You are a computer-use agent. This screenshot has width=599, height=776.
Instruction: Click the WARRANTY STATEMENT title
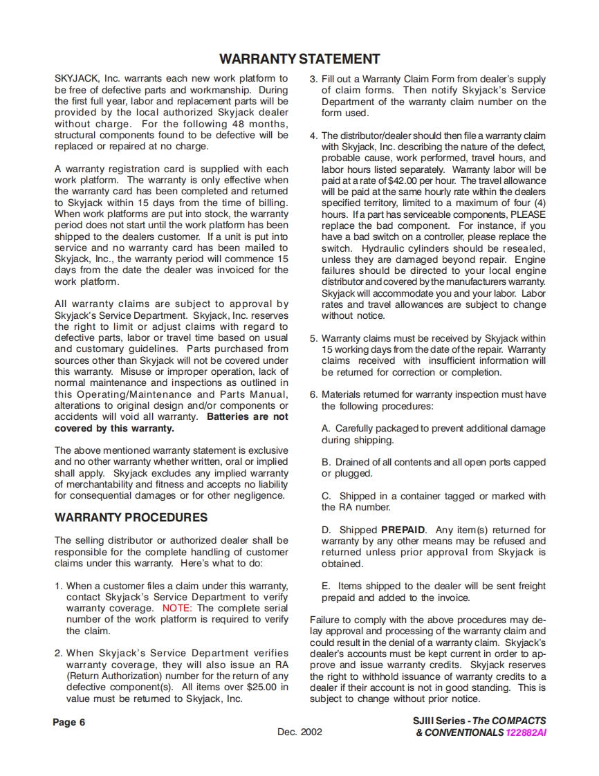(x=299, y=59)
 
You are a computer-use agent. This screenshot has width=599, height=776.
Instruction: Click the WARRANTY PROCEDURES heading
(x=131, y=517)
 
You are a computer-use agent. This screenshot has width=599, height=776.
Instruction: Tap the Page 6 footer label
(x=69, y=722)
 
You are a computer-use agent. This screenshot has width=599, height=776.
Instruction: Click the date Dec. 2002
(x=299, y=732)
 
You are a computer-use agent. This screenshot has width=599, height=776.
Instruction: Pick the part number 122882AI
(x=526, y=732)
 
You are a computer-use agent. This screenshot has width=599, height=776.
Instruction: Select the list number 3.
(x=313, y=80)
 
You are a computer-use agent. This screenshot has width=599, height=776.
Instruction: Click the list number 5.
(x=313, y=338)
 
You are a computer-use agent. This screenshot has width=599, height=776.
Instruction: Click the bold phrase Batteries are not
(x=248, y=417)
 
